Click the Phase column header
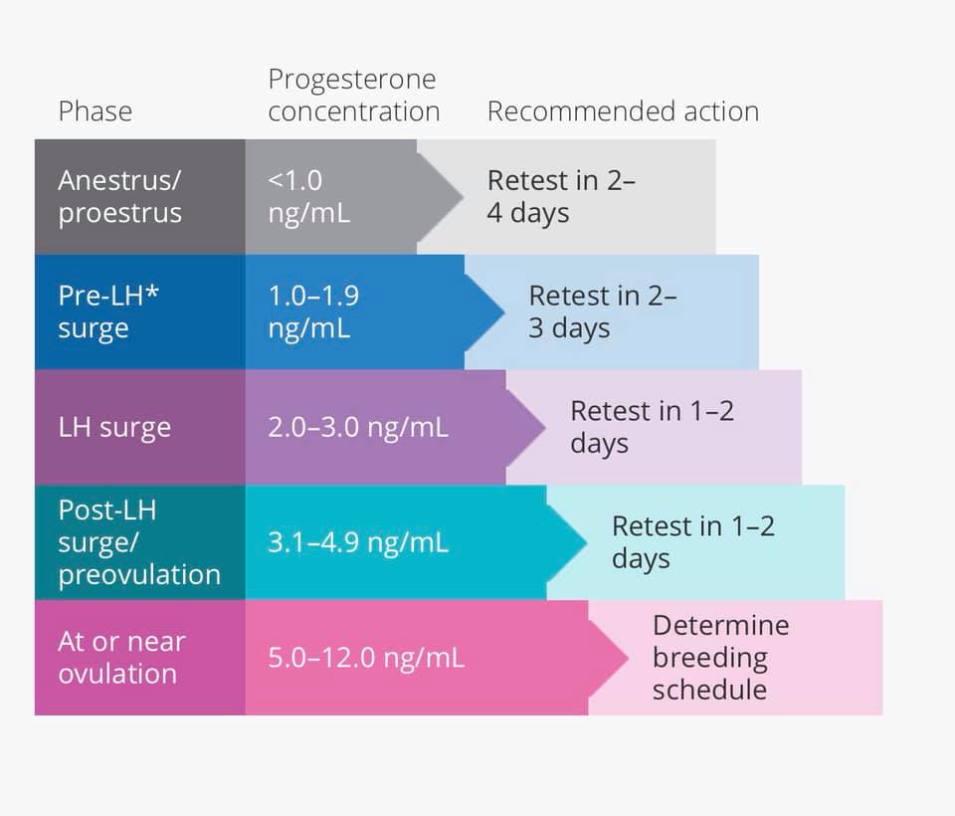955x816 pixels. coord(95,110)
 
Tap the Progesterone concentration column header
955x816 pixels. coord(353,96)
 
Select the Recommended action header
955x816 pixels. coord(623,110)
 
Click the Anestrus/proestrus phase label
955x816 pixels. coord(120,197)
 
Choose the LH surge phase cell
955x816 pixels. coord(114,428)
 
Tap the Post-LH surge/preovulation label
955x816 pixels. coord(138,542)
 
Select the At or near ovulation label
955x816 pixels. coord(121,658)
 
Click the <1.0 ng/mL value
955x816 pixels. coord(309,197)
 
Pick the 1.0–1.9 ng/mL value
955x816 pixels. coord(313,312)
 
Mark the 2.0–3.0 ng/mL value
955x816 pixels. coord(358,428)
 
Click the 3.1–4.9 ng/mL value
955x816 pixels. coord(358,543)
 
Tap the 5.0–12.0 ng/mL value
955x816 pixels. coord(365,658)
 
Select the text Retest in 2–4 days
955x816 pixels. coord(561,197)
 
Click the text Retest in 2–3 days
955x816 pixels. coord(603,312)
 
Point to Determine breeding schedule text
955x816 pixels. coord(720,658)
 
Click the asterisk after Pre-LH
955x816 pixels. coord(152,293)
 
